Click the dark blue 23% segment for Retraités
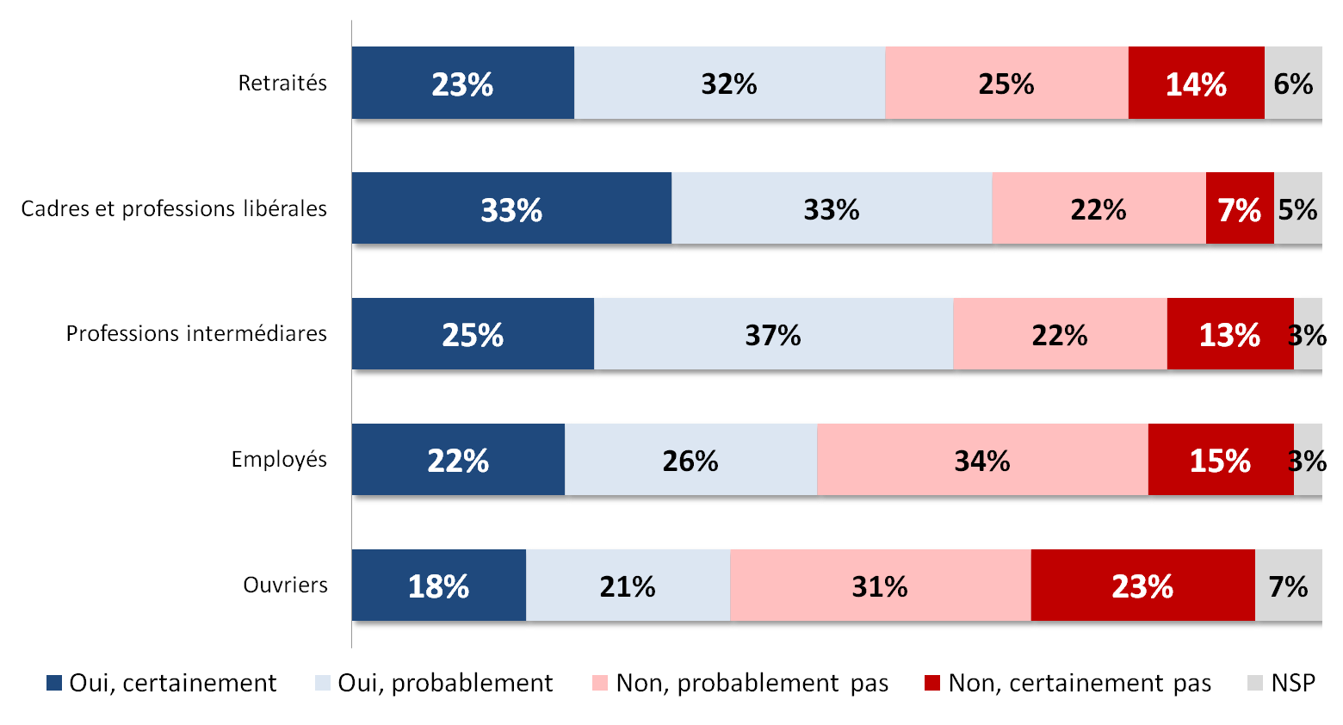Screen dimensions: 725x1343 click(x=462, y=84)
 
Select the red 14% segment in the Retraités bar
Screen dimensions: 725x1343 click(x=1196, y=84)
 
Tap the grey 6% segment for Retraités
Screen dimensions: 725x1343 click(x=1293, y=84)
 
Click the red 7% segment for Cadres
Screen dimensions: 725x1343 click(x=1240, y=209)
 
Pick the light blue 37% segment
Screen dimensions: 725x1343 click(x=773, y=335)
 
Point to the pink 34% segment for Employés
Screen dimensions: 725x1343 click(x=982, y=461)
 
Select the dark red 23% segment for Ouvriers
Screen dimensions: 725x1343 click(x=1142, y=586)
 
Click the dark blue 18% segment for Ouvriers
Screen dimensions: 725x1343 click(x=438, y=586)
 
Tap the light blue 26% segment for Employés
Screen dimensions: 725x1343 click(x=690, y=461)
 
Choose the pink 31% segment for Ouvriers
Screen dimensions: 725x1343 click(x=880, y=586)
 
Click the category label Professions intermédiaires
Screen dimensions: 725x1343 click(x=196, y=334)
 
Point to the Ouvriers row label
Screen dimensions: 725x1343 click(x=285, y=586)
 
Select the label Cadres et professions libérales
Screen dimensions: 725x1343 click(x=174, y=209)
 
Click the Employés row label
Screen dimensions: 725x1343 click(x=279, y=460)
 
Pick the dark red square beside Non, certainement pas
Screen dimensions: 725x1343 click(x=932, y=684)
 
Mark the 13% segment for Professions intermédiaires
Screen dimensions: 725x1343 click(x=1229, y=335)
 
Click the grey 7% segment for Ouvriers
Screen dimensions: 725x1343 click(x=1288, y=586)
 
